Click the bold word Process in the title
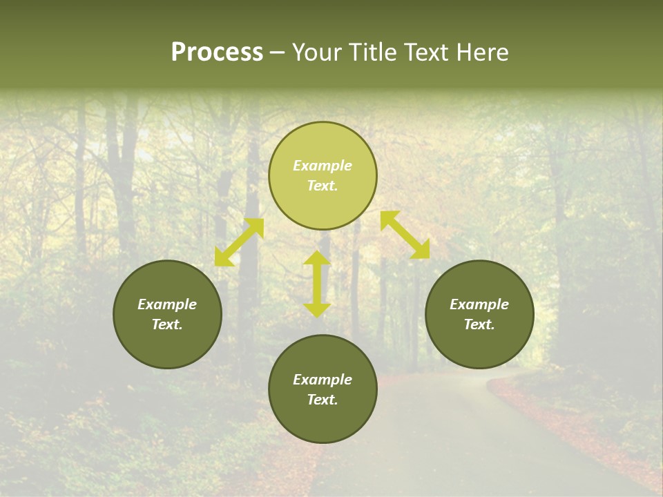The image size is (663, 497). tap(217, 52)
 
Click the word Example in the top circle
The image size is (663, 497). tap(323, 166)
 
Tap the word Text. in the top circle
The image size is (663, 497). tap(323, 186)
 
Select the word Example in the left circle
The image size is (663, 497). tap(167, 304)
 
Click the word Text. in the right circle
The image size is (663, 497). tap(479, 324)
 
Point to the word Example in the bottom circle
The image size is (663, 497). tap(323, 380)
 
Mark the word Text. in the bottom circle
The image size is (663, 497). tap(323, 400)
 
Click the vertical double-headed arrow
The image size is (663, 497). tap(317, 284)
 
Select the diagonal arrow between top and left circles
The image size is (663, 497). tap(239, 242)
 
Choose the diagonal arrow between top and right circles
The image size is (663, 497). tap(405, 235)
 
